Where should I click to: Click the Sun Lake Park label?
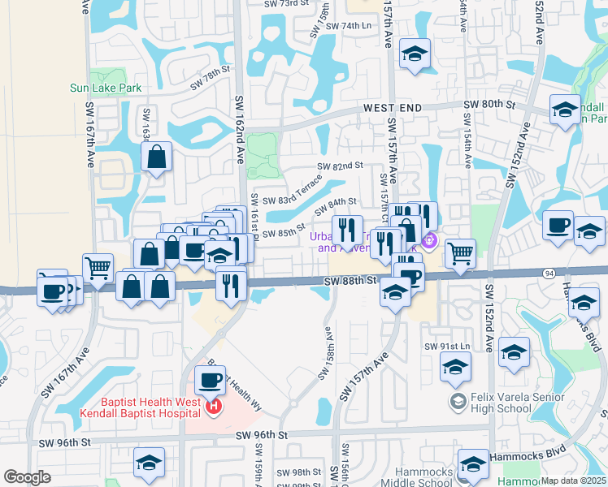106,88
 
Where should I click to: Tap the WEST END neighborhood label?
393,108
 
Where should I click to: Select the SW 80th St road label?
490,106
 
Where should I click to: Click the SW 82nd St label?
340,166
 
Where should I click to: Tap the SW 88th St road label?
350,281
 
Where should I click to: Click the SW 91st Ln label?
447,346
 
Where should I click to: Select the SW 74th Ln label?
348,26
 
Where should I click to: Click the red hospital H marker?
214,407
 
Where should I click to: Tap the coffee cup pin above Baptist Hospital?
211,380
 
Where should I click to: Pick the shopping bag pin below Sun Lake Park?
157,157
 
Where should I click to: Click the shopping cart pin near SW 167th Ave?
98,267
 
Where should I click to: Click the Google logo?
27,478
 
